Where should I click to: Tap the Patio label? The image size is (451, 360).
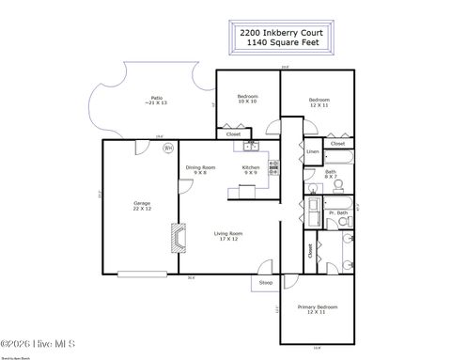(157, 99)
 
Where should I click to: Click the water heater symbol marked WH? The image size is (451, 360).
(168, 148)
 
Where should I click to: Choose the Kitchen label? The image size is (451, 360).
(250, 169)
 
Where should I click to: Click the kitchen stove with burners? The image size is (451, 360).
(273, 168)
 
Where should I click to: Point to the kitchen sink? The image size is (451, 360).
(251, 146)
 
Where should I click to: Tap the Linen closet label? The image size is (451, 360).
(313, 151)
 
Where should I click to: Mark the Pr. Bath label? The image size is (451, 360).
(335, 214)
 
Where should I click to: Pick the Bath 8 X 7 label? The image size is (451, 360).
(332, 173)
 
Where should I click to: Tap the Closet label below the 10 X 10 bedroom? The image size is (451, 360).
(234, 133)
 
